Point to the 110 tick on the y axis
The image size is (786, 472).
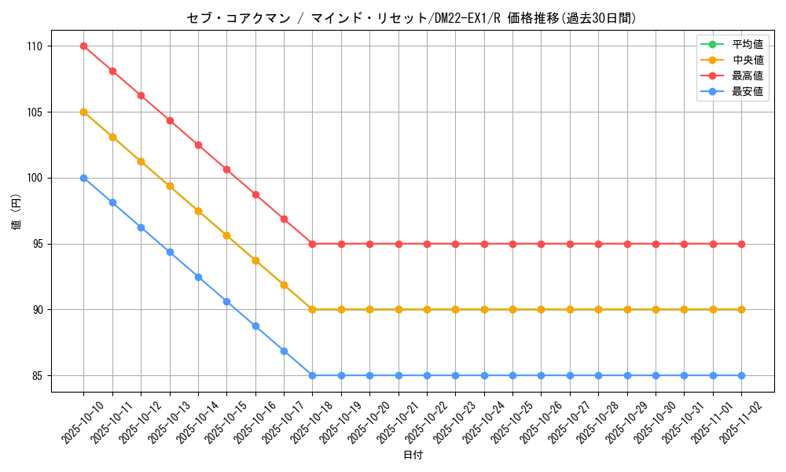point(35,46)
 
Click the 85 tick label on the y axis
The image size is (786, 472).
point(38,376)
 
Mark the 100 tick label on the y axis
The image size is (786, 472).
point(35,178)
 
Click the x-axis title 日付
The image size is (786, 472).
point(413,455)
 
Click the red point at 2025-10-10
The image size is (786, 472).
point(83,46)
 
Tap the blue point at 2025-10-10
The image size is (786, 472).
point(83,178)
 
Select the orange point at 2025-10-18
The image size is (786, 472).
point(312,310)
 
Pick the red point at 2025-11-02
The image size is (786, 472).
point(741,244)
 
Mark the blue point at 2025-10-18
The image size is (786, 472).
point(312,376)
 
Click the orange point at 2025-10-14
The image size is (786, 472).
point(198,211)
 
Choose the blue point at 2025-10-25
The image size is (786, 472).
point(512,376)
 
